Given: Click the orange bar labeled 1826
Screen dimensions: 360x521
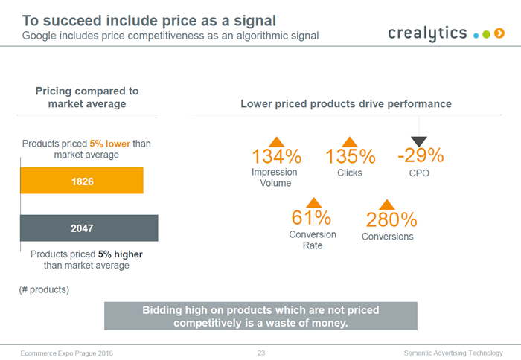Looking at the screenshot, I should click(81, 181).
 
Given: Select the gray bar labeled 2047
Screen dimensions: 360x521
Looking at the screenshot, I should click(89, 228).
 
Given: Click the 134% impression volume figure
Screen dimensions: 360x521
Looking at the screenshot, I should click(276, 157).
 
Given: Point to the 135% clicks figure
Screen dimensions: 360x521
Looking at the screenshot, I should click(350, 157).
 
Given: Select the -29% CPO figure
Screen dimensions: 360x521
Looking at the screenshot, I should click(420, 155).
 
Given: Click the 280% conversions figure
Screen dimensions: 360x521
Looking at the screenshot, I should click(391, 220).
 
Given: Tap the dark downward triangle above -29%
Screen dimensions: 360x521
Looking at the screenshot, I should click(419, 141).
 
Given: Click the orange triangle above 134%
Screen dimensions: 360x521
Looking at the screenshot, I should click(276, 142).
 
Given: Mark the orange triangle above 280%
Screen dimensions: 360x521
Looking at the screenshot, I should click(386, 205).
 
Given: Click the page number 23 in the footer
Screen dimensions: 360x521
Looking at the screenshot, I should click(261, 352).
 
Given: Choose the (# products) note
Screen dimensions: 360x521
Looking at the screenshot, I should click(44, 289).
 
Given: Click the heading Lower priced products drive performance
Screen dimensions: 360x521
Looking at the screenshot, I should click(346, 104).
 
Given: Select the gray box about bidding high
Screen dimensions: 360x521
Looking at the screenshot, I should click(260, 316).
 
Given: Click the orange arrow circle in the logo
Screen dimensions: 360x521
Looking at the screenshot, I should click(499, 33).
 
